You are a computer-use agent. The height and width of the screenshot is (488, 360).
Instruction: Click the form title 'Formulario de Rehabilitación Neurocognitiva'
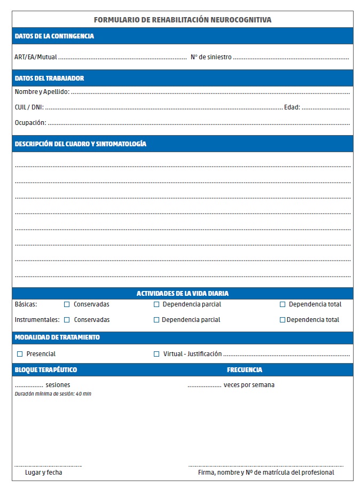[x=183, y=20]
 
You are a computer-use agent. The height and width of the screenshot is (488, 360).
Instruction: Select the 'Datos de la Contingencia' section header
[x=54, y=36]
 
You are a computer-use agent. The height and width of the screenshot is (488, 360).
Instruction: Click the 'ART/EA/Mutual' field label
[x=36, y=57]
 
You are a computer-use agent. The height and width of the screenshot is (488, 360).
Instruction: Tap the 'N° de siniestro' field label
[x=211, y=57]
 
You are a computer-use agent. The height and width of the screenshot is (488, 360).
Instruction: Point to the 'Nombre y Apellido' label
[x=42, y=92]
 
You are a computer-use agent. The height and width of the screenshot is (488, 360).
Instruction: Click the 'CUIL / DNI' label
[x=29, y=107]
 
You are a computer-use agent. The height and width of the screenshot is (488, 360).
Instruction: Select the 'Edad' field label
[x=292, y=107]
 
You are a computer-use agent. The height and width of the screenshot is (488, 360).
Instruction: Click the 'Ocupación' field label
[x=30, y=123]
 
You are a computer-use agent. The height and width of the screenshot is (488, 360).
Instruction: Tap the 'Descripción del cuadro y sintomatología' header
[x=81, y=144]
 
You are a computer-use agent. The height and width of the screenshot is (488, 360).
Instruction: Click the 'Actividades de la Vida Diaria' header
[x=183, y=294]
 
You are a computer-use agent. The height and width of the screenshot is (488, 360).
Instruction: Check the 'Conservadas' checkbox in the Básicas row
[x=67, y=304]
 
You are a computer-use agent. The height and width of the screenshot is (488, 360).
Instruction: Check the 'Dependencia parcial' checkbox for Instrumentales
[x=156, y=320]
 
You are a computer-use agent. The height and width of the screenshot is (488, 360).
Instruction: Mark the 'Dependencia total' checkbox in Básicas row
[x=283, y=304]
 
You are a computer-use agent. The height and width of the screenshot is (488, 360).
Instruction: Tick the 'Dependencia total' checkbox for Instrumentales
[x=283, y=320]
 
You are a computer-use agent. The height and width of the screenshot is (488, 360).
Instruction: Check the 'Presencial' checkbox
[x=20, y=354]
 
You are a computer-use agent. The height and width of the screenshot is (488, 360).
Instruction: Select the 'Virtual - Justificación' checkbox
[x=156, y=354]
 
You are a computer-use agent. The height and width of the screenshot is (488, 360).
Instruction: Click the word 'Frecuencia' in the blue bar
[x=245, y=370]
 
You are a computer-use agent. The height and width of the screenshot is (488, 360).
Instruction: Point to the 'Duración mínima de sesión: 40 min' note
[x=53, y=394]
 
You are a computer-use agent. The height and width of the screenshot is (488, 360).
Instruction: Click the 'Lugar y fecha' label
[x=44, y=473]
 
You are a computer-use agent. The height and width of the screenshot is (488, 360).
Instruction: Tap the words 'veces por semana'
[x=249, y=385]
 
